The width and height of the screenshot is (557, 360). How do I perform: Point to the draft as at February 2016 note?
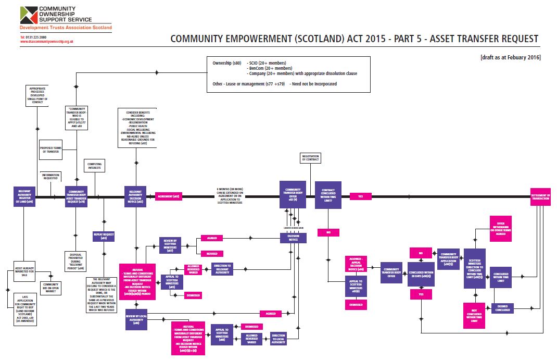(x=511, y=57)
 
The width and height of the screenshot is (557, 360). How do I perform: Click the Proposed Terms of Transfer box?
(x=50, y=149)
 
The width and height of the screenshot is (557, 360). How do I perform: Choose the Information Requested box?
(x=50, y=177)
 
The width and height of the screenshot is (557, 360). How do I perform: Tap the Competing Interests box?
(x=94, y=167)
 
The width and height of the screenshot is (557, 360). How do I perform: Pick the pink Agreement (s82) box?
(x=169, y=196)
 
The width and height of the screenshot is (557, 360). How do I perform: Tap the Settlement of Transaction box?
(x=540, y=196)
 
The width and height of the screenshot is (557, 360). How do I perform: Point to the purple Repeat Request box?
(x=104, y=235)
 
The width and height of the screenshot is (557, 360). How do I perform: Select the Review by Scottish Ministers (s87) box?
(x=170, y=245)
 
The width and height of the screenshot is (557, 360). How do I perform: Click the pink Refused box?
(x=212, y=254)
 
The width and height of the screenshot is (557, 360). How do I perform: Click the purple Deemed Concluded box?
(x=502, y=308)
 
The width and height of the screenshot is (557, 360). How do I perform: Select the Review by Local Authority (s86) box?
(x=136, y=320)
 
